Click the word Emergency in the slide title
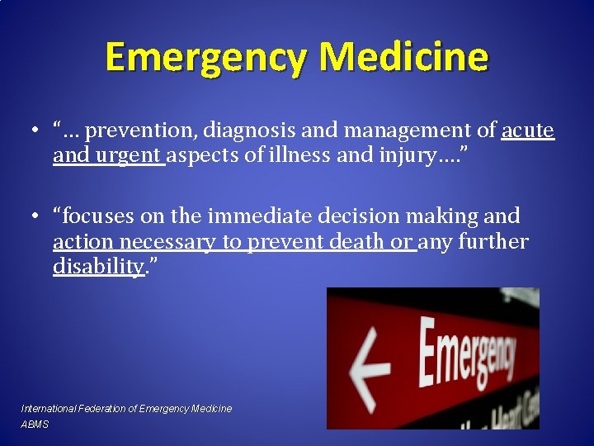207,58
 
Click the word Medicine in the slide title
404,58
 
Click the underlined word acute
528,130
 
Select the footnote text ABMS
35,425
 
